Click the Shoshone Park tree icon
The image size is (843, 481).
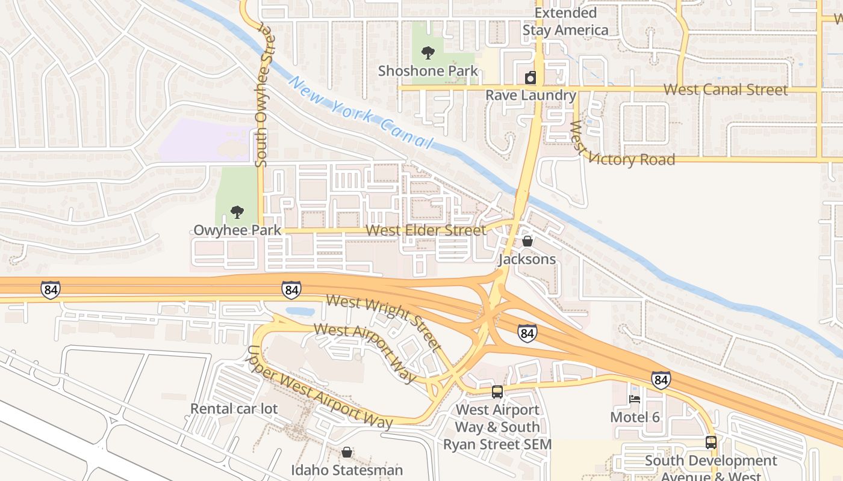[x=428, y=53]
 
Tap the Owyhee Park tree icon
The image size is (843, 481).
[x=237, y=212]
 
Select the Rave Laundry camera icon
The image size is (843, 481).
[x=530, y=78]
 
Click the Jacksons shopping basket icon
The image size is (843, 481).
[x=527, y=241]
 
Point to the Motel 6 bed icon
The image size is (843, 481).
[x=635, y=399]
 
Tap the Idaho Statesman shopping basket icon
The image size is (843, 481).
[x=347, y=452]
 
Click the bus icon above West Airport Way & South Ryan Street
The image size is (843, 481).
[x=497, y=391]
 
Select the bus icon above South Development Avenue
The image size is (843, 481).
[x=711, y=443]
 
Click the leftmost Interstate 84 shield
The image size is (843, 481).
[x=51, y=290]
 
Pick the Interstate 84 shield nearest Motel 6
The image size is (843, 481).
[x=661, y=380]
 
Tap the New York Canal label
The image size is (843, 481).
[x=361, y=112]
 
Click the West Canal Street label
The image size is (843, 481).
[x=725, y=90]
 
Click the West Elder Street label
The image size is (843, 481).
[x=425, y=230]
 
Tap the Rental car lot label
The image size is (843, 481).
[x=234, y=409]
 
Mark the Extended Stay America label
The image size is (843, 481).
[x=565, y=22]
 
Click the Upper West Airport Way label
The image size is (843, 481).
[x=319, y=388]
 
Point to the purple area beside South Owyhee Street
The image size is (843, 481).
[x=205, y=139]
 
